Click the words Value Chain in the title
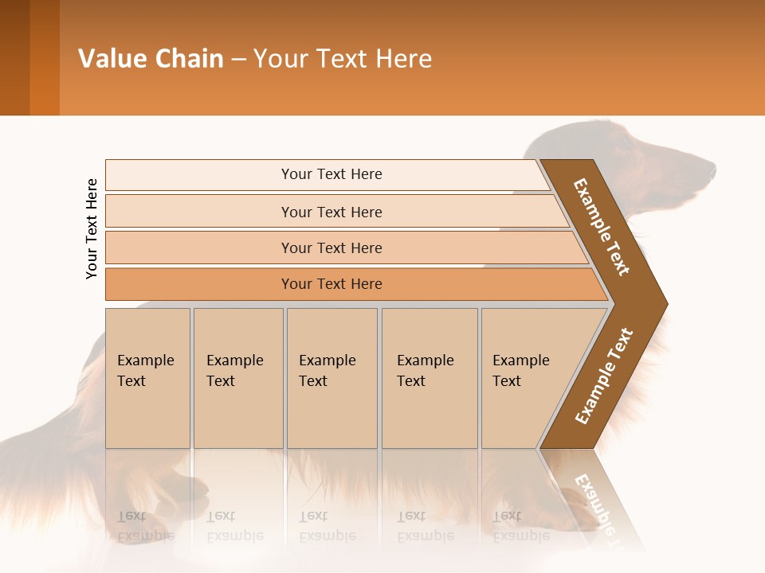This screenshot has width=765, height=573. [x=151, y=59]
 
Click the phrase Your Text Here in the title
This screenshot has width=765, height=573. [x=343, y=59]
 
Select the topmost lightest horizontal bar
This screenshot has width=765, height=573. [x=331, y=174]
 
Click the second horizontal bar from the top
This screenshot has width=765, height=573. [x=331, y=212]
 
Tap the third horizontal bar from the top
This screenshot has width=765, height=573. [x=331, y=248]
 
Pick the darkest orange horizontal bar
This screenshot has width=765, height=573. [x=331, y=284]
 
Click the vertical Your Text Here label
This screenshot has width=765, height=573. [x=92, y=228]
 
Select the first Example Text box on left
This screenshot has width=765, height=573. [x=147, y=378]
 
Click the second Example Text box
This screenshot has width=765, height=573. [x=237, y=378]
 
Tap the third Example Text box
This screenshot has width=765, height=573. [x=331, y=378]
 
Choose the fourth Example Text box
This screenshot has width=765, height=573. [x=429, y=378]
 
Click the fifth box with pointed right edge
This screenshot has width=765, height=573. [x=526, y=378]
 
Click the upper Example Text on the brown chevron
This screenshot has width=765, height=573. [x=602, y=227]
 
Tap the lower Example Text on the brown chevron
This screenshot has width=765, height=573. [x=604, y=376]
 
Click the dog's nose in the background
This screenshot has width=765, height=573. [x=712, y=168]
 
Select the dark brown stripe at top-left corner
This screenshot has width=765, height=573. [x=14, y=57]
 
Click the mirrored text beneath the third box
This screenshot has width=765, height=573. [x=327, y=525]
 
